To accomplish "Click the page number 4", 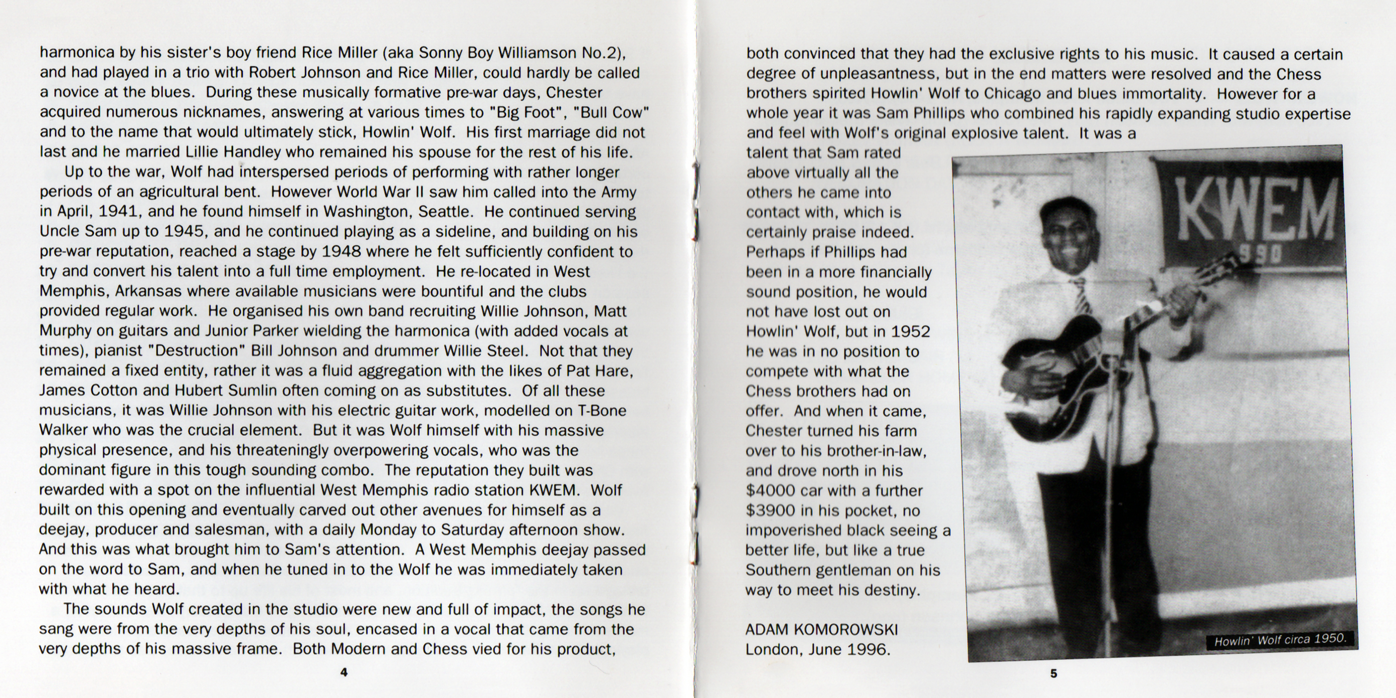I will [344, 673].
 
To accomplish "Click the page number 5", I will [1053, 674].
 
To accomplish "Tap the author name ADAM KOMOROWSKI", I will [822, 630].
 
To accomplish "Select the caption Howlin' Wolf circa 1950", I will [1280, 640].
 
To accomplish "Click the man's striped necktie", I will [1081, 295].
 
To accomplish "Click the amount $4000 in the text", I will [772, 491].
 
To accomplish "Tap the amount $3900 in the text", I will [772, 511].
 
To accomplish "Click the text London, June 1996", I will [818, 649].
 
